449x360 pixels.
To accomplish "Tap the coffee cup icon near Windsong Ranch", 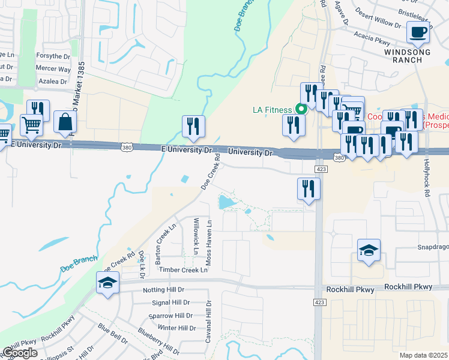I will coord(418,32).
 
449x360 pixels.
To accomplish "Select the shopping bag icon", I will coord(65,122).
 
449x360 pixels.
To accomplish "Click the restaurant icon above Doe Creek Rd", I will coord(193,126).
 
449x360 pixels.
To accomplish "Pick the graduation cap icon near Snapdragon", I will coord(369,250).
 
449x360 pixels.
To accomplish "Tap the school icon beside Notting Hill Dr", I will coord(108,283).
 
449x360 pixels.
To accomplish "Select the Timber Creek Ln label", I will coord(183,270).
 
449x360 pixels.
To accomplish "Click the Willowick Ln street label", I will coord(195,236).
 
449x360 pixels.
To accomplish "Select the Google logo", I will coord(20,353).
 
